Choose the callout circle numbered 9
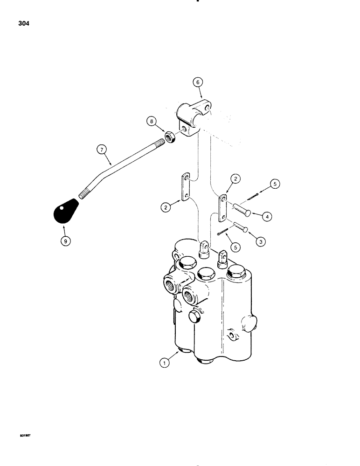click(64, 241)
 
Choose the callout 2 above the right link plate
click(236, 178)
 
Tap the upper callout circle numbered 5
click(274, 184)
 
